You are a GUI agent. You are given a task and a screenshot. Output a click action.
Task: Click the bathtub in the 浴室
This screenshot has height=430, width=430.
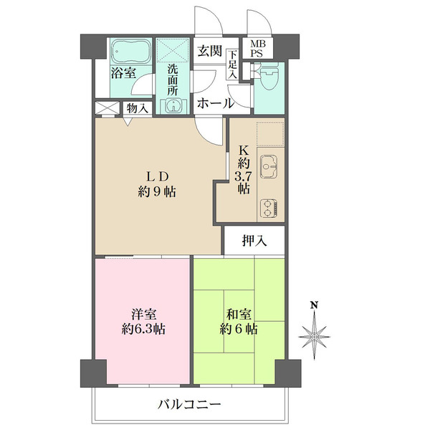[130, 51]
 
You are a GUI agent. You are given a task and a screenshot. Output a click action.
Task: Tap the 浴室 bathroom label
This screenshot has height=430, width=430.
[123, 72]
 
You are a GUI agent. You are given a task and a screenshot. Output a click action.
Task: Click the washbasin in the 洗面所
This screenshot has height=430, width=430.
[173, 106]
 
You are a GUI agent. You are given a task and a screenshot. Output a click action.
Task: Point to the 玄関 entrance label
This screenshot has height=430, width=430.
[209, 52]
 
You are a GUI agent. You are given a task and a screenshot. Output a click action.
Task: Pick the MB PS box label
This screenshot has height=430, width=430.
[256, 48]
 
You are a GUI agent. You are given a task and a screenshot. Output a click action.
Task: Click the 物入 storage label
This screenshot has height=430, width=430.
[136, 108]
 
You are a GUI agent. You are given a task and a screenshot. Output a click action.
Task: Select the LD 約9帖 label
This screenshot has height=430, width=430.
[158, 183]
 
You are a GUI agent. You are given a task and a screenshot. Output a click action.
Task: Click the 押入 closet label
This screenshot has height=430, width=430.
[254, 241]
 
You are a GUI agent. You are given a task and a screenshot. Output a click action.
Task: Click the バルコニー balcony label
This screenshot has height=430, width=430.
[190, 405]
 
